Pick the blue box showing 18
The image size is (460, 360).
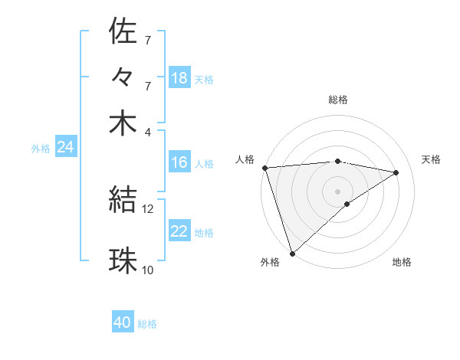coord(179,77)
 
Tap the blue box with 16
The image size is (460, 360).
coord(179,162)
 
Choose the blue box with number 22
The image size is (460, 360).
coord(179,231)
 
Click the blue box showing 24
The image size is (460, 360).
coord(65,147)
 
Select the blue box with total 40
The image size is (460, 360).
coord(123,322)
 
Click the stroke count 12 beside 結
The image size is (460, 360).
coord(148,208)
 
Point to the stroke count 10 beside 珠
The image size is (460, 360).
coord(148,270)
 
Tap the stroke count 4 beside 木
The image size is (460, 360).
coord(148,132)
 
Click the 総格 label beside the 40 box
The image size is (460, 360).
coord(147,324)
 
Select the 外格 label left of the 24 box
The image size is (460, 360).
coord(41,149)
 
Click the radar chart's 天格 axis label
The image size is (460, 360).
coord(432,159)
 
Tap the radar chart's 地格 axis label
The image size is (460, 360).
coord(402,263)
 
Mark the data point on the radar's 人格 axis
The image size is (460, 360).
coord(264,168)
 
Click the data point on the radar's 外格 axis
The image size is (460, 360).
coord(293,253)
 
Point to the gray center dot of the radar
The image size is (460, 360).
coord(337,191)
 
